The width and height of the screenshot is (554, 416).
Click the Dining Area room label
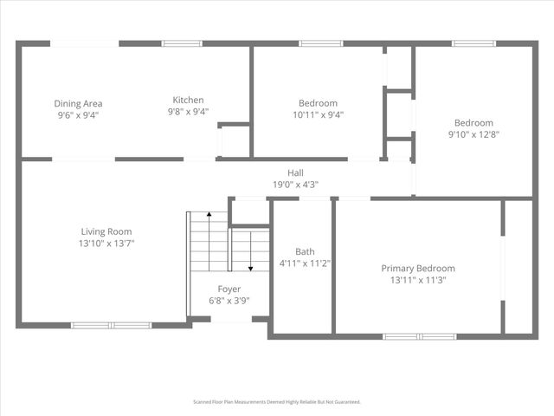79,103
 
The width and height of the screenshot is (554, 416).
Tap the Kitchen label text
188,100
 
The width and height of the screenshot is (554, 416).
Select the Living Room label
106,231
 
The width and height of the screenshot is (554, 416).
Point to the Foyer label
229,289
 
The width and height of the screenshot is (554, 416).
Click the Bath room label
305,252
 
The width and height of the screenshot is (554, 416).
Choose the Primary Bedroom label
418,269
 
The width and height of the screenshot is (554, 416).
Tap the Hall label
296,172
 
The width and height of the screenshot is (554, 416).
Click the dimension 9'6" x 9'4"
79,114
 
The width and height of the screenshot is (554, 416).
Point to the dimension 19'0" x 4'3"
296,184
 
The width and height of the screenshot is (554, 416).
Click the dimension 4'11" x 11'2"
305,263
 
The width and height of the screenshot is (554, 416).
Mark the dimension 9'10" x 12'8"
473,134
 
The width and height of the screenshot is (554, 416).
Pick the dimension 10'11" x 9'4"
318,114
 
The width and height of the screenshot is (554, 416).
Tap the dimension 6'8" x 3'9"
229,300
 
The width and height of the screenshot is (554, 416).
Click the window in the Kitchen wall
183,43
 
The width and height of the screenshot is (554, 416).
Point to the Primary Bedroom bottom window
420,336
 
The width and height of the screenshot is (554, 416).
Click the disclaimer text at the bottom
277,402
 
